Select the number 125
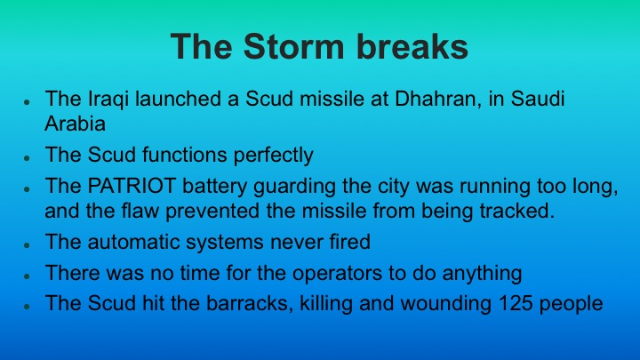click(x=508, y=302)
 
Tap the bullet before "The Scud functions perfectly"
click(x=28, y=156)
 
